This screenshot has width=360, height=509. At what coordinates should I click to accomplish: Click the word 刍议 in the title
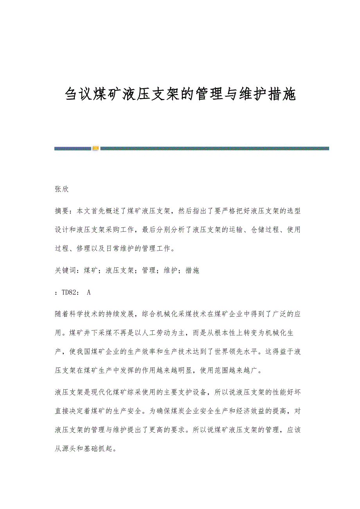[x=78, y=95]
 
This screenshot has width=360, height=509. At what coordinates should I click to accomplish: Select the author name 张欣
[x=62, y=189]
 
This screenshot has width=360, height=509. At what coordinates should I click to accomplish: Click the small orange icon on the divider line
[x=95, y=148]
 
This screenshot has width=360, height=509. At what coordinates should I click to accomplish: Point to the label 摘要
[x=62, y=211]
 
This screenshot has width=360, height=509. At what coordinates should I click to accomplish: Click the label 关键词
[x=65, y=270]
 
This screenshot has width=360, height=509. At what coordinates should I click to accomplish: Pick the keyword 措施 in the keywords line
[x=193, y=270]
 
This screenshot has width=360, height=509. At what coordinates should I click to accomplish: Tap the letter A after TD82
[x=89, y=292]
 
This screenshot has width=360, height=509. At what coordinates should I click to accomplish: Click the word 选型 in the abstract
[x=293, y=211]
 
